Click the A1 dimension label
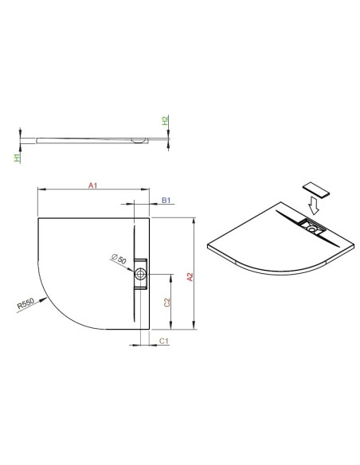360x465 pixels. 93,186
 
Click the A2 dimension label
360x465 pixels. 190,277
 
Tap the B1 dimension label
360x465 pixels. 166,200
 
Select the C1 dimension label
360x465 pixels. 164,341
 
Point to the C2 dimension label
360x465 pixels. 167,303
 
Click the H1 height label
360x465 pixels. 18,158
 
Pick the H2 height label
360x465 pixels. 165,120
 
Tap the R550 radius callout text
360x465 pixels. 25,303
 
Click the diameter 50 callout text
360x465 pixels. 119,259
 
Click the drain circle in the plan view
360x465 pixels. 140,274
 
